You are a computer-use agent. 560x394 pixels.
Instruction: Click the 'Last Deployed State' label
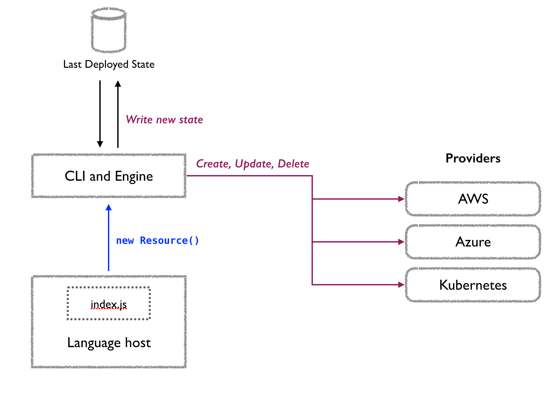pos(109,64)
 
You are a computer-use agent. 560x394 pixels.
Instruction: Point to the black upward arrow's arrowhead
pos(118,83)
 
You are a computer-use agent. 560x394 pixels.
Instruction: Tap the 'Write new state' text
pos(164,120)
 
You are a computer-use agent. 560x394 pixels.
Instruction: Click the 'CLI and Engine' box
pos(109,176)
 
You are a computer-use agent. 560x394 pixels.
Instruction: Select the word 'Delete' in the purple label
pos(293,164)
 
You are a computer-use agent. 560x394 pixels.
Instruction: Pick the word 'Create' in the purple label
pos(212,164)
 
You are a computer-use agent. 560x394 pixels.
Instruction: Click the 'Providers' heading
pos(473,158)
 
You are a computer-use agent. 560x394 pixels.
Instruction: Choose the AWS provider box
pos(473,199)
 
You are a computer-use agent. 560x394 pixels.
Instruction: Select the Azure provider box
pos(473,242)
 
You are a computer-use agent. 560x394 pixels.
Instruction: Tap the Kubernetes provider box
pos(473,285)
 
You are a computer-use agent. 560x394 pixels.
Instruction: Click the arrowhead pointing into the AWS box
pos(401,199)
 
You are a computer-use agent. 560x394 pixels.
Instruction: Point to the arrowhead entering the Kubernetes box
pos(401,285)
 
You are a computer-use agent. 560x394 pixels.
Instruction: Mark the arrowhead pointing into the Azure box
pos(401,242)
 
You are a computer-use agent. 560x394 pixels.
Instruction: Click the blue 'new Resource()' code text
pos(157,241)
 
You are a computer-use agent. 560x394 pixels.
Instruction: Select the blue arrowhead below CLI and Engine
pos(109,208)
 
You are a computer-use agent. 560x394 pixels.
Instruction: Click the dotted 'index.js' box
pos(109,304)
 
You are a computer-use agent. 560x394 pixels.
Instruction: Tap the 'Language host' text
pos(109,343)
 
